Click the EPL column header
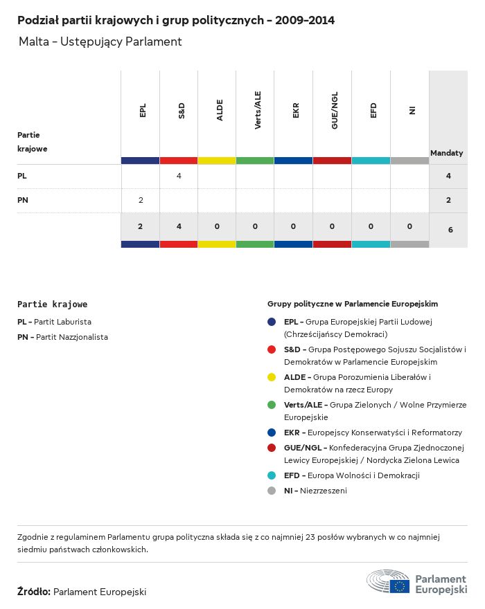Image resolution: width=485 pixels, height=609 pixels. (x=143, y=110)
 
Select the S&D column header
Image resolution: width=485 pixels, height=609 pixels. (x=181, y=110)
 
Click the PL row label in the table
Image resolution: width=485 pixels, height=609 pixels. (x=22, y=176)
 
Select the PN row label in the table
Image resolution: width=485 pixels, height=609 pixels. (x=22, y=201)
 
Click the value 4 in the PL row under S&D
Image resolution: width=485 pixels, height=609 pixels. (x=179, y=176)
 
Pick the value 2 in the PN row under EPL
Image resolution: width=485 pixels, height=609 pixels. (x=141, y=201)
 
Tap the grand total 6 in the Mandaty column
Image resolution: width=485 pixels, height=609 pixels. (x=450, y=229)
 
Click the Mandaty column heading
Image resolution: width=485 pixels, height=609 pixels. (x=447, y=153)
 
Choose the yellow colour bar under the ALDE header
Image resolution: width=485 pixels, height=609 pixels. (x=217, y=161)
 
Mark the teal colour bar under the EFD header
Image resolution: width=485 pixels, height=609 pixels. (x=371, y=161)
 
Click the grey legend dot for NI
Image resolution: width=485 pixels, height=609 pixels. (x=272, y=491)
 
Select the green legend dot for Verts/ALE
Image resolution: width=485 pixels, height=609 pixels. (x=272, y=405)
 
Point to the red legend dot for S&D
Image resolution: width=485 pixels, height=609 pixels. (x=272, y=349)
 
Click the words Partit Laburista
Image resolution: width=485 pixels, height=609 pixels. (x=64, y=322)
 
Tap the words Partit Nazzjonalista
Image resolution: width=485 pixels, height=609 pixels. (x=72, y=337)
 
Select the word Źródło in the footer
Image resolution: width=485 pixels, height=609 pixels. (x=34, y=592)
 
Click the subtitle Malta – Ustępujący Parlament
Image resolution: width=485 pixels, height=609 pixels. (x=100, y=42)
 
